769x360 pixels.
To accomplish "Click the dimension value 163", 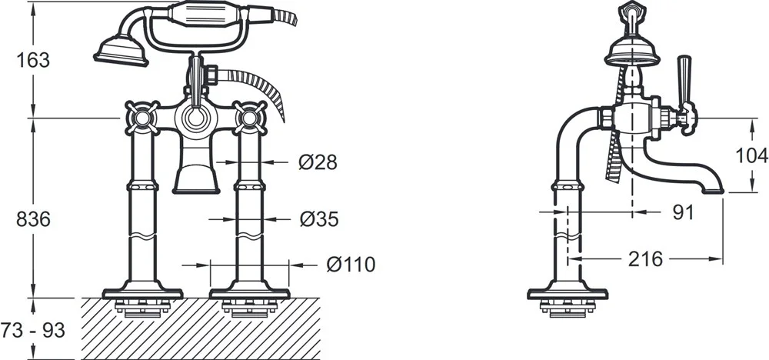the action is (33, 60).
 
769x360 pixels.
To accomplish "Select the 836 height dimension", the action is (33, 219).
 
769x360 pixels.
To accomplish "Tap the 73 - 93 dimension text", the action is (33, 330).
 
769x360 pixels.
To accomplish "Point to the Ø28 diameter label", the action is (318, 162).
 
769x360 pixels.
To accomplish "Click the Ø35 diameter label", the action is (319, 219).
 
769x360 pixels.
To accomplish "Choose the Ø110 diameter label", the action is (351, 265).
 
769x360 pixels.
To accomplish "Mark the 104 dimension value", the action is (752, 156).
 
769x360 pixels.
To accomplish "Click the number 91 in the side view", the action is (684, 212).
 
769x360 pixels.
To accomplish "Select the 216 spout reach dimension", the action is (645, 258).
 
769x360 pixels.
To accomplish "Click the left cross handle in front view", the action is (142, 118).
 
